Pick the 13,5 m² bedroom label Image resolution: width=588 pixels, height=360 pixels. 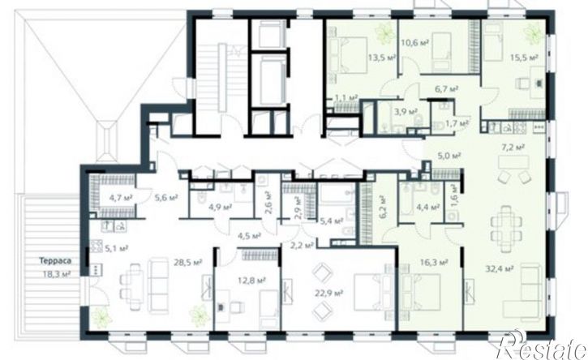click(x=381, y=58)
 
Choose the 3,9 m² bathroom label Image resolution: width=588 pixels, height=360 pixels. click(x=405, y=111)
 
